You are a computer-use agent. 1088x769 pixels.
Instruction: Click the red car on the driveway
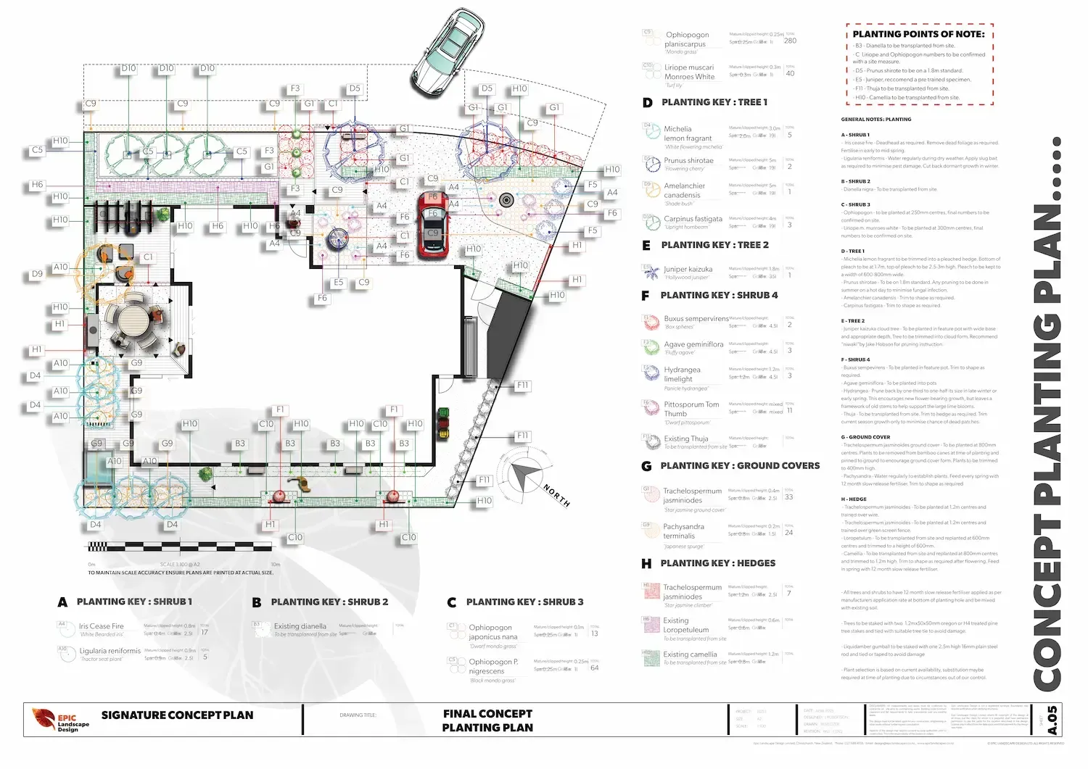point(432,215)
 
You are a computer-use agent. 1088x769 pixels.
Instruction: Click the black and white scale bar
point(180,546)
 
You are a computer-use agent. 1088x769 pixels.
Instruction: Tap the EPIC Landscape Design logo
point(61,719)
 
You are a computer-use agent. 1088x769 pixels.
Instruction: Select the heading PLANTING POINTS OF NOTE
point(918,34)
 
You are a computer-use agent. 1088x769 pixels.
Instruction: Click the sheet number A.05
point(1052,720)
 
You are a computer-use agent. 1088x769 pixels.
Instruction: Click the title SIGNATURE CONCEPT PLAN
point(177,715)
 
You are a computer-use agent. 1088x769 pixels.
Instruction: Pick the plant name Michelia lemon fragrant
point(688,133)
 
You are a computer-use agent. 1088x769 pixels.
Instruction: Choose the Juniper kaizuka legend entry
point(688,269)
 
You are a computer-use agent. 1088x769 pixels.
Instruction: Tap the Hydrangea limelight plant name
point(683,374)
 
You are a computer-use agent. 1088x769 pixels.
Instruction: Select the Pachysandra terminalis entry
point(683,531)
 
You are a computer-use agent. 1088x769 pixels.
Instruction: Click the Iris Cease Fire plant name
point(102,626)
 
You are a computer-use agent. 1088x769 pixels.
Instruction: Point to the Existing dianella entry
point(300,626)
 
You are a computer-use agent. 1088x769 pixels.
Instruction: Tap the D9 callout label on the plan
point(37,274)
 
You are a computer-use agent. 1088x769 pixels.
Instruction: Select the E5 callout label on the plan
point(338,283)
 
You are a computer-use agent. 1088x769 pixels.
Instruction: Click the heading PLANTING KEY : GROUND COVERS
point(740,466)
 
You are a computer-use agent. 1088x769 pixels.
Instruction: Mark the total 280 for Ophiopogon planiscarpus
point(790,41)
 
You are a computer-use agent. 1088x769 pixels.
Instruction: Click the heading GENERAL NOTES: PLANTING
point(876,120)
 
